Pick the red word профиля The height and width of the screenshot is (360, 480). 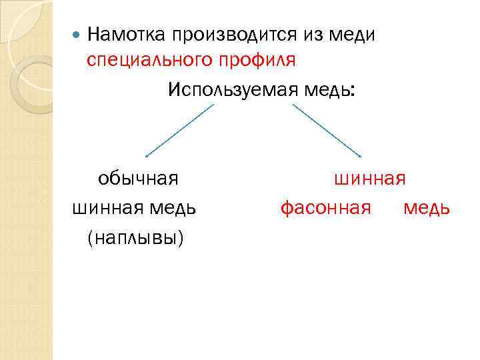[x=256, y=61]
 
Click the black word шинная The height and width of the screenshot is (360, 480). [x=105, y=208]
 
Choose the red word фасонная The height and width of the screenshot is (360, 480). [x=325, y=208]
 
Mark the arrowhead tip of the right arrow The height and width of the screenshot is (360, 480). [x=361, y=157]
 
